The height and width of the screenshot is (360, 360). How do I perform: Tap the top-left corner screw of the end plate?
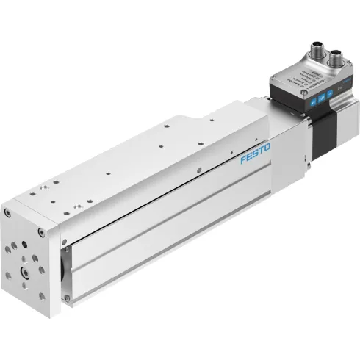pos(7,214)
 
